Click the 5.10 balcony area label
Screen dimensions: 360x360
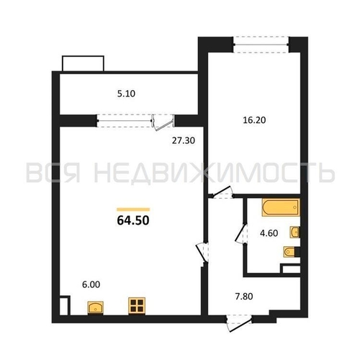(126, 94)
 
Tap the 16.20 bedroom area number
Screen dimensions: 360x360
(254, 120)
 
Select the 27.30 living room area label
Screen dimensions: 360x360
(184, 140)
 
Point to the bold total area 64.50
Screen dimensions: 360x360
(133, 220)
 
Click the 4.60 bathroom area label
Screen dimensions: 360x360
(269, 233)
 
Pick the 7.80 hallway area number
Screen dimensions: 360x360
(244, 297)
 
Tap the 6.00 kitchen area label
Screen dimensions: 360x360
(91, 284)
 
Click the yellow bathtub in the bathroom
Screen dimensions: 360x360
(281, 207)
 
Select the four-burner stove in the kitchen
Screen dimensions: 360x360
(137, 305)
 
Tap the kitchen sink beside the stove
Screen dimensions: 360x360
(96, 307)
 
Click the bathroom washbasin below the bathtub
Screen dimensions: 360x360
(294, 232)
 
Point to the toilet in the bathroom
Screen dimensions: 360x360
(292, 252)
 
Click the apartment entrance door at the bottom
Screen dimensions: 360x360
(239, 323)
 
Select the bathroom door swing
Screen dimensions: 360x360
(240, 234)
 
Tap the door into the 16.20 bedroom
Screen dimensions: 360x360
(222, 192)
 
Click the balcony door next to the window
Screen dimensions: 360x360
(163, 122)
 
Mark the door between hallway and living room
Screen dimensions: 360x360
(202, 253)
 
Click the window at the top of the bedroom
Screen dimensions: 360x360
(261, 45)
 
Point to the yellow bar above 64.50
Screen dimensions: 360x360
(133, 210)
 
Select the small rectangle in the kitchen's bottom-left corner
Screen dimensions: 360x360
(65, 305)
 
